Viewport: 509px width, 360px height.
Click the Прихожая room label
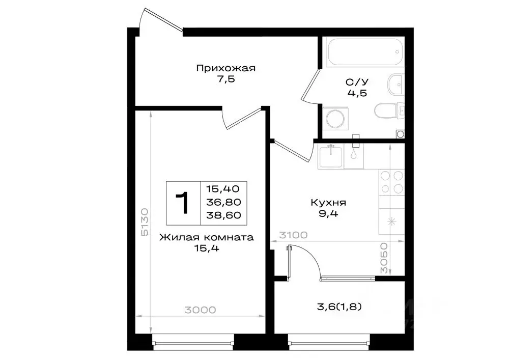[225, 68]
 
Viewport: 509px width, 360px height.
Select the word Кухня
[329, 203]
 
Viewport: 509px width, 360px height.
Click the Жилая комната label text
[206, 237]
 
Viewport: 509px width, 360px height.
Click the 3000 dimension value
[201, 310]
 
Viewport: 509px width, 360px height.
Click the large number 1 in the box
[183, 202]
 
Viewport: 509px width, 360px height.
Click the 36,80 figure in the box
[223, 202]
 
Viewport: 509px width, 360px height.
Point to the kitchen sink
[331, 155]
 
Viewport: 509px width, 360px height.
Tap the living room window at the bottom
[193, 343]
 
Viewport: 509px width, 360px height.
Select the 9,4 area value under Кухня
[329, 214]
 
